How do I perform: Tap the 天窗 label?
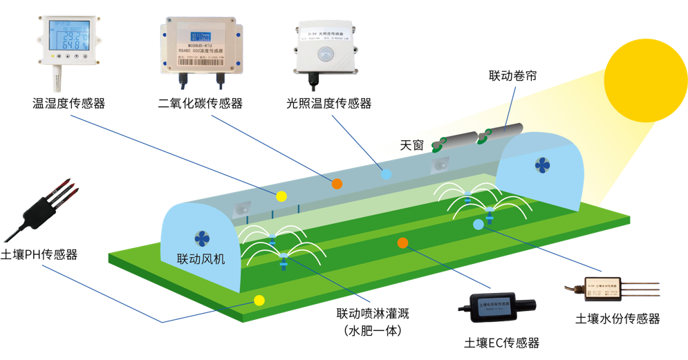coord(413,146)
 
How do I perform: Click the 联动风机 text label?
coord(201,259)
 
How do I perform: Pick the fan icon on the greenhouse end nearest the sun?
coord(541,165)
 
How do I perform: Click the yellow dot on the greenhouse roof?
coord(281,196)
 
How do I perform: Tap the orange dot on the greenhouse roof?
coord(337,184)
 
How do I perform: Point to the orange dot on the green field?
coord(403,243)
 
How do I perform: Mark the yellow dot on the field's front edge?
coord(259,301)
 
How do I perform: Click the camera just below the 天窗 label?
coord(440,166)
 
